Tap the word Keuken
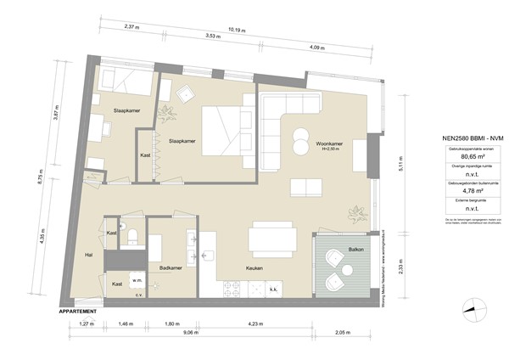tap(254, 268)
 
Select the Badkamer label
tap(171, 267)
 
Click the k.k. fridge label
tap(274, 290)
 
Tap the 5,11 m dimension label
tap(394, 168)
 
